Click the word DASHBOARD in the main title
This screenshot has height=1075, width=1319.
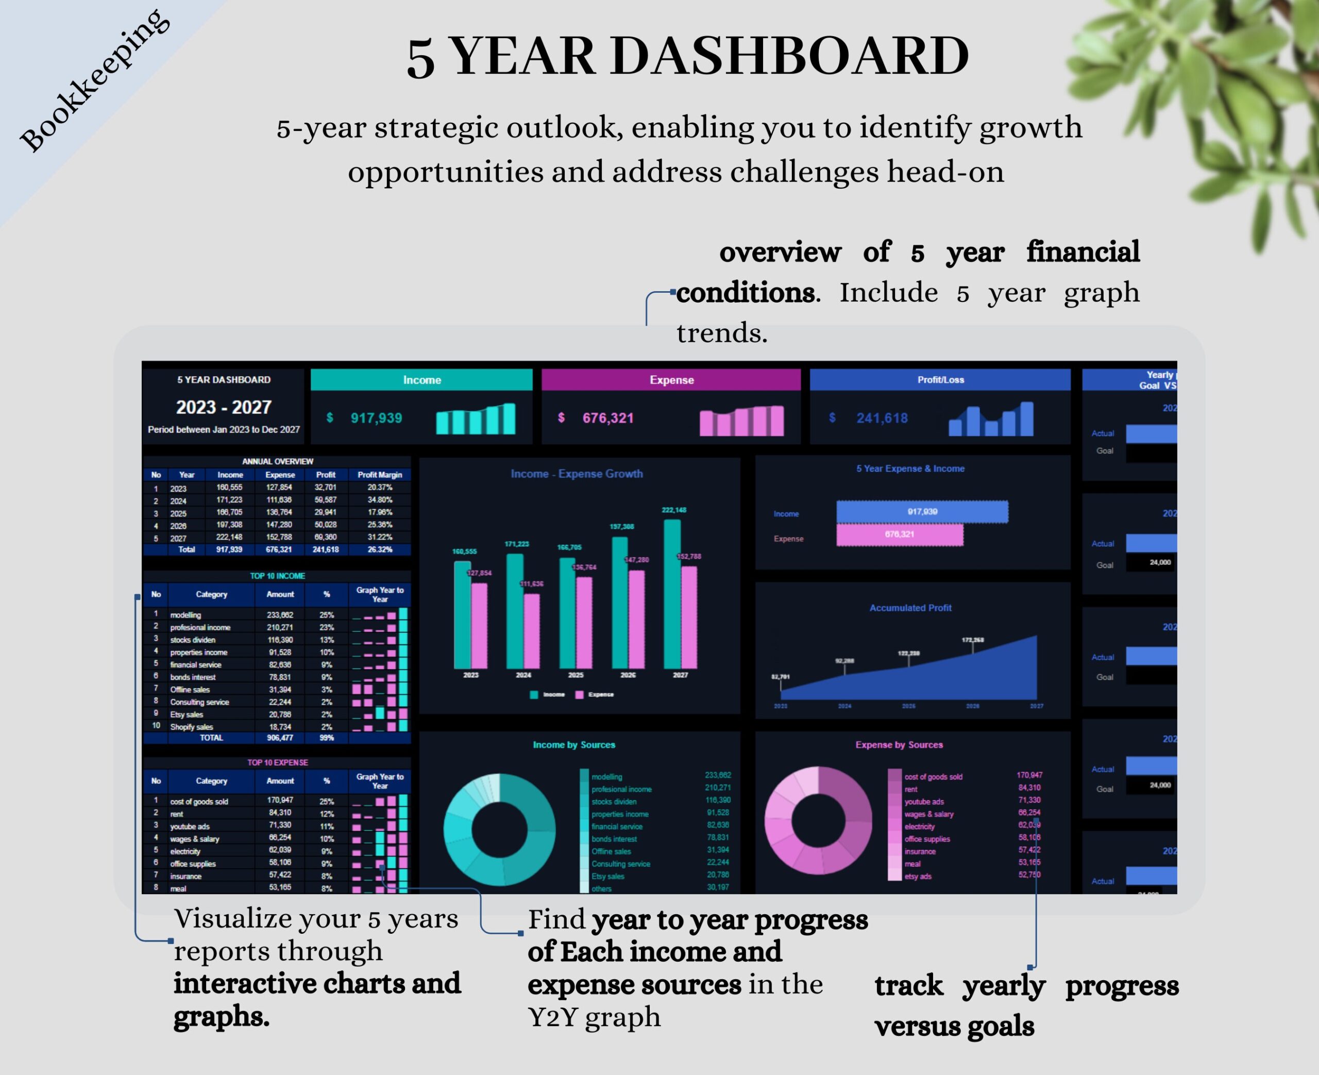click(789, 57)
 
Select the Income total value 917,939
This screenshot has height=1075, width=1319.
click(376, 418)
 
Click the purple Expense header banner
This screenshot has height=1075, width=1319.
click(671, 380)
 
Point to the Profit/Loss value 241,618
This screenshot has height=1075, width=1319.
click(882, 418)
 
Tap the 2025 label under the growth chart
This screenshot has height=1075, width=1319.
click(576, 675)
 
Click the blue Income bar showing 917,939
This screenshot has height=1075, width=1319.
click(922, 512)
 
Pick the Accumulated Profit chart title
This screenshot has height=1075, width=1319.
click(910, 608)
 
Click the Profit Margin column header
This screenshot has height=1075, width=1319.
click(379, 475)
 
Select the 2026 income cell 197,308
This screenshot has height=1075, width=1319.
click(229, 525)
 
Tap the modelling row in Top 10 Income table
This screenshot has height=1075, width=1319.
click(185, 615)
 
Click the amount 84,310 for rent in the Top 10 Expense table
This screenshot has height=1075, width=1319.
click(280, 813)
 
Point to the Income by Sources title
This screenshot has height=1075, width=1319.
click(574, 745)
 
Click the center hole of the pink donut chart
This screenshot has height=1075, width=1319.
click(818, 820)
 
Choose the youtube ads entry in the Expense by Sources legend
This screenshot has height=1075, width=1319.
click(923, 802)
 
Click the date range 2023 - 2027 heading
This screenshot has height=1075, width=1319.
click(224, 408)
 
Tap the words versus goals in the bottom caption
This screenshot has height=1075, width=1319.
click(954, 1027)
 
